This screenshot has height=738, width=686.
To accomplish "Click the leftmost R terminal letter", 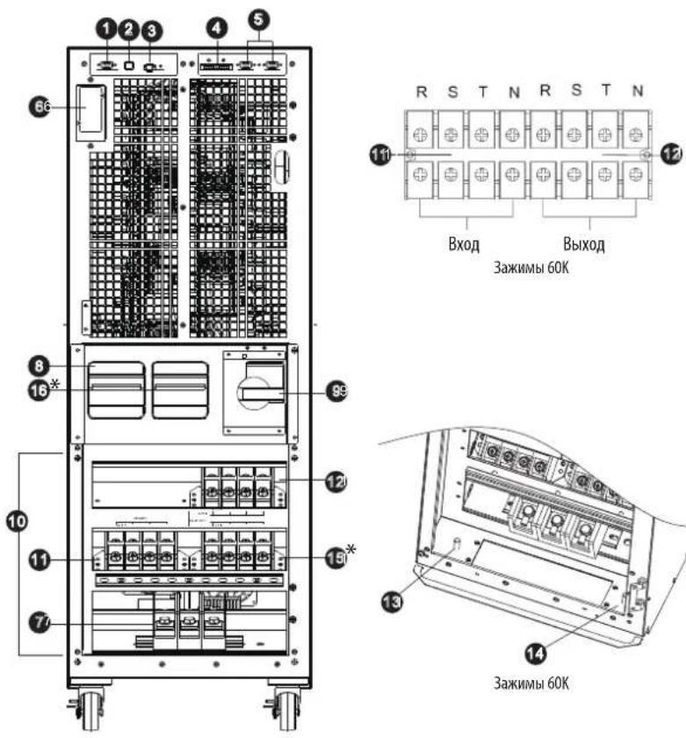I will point(421,91).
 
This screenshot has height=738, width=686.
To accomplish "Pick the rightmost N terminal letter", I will point(638,91).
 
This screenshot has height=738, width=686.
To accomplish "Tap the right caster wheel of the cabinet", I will point(287,709).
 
